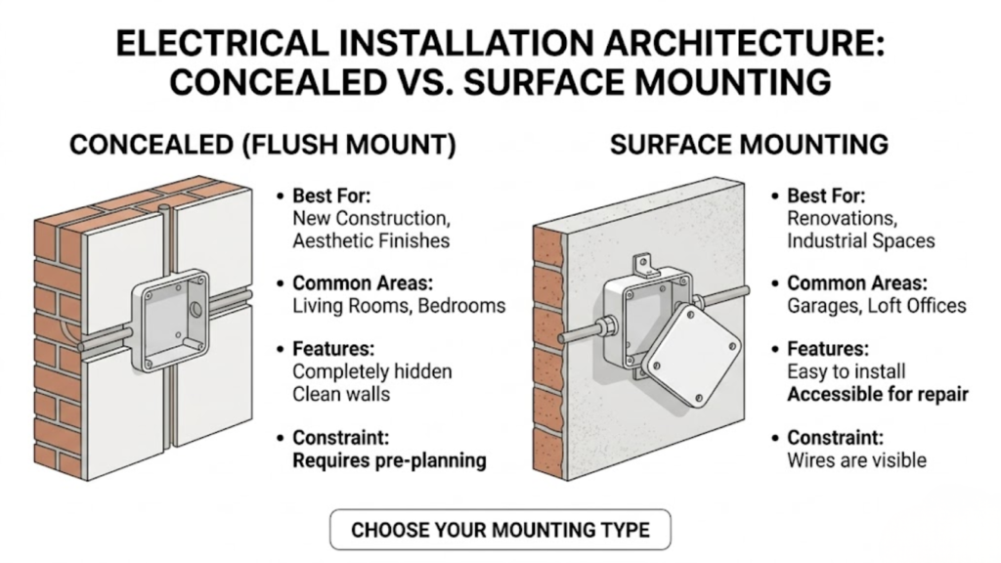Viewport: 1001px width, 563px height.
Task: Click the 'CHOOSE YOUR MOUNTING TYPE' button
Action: pyautogui.click(x=500, y=531)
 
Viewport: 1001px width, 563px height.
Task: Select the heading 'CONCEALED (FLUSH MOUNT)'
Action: pyautogui.click(x=262, y=146)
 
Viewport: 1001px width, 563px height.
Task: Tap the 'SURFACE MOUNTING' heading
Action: pyautogui.click(x=749, y=146)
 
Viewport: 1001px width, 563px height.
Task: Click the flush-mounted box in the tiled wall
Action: pyautogui.click(x=171, y=322)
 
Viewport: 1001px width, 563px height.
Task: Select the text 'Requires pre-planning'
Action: pyautogui.click(x=389, y=460)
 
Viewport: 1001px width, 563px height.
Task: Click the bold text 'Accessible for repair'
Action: pyautogui.click(x=878, y=395)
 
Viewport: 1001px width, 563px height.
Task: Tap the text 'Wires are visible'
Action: pyautogui.click(x=856, y=460)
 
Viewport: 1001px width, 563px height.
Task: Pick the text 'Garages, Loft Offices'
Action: pyautogui.click(x=876, y=306)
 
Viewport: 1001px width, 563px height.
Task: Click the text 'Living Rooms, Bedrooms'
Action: pyautogui.click(x=399, y=306)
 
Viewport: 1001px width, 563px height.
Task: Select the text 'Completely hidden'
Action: pyautogui.click(x=372, y=372)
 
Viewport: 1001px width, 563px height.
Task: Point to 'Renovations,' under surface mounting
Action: pyautogui.click(x=834, y=219)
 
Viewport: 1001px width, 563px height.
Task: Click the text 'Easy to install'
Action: pyautogui.click(x=847, y=372)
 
